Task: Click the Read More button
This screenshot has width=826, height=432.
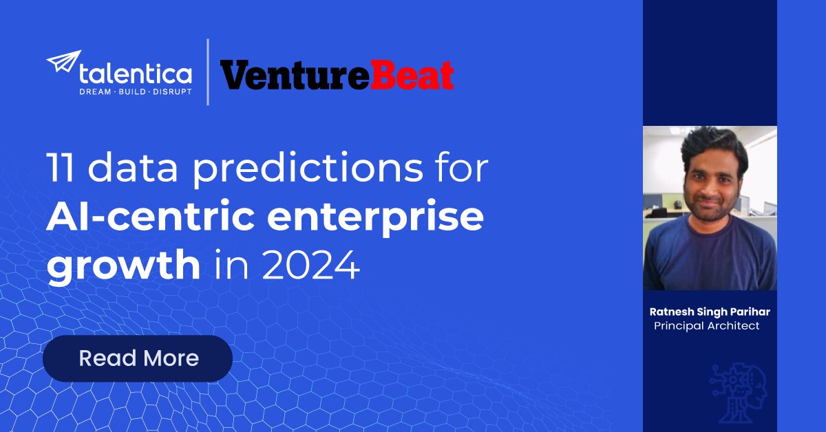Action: (138, 358)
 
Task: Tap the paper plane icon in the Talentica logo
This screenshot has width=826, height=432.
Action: (63, 61)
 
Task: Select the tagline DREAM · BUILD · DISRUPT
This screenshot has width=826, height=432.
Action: (136, 91)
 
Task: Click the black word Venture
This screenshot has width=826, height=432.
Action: (295, 76)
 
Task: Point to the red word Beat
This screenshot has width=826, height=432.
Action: (412, 75)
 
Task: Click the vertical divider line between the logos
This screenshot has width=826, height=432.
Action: (208, 72)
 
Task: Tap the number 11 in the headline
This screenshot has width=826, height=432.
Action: (60, 167)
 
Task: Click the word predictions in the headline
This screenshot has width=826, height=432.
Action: (308, 169)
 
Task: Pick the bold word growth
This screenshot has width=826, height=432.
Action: (123, 266)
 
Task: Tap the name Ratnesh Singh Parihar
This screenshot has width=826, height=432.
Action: (710, 312)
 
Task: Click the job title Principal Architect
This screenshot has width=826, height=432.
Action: (706, 326)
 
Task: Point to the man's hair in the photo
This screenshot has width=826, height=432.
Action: (714, 147)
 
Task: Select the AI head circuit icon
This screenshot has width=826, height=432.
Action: (738, 393)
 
